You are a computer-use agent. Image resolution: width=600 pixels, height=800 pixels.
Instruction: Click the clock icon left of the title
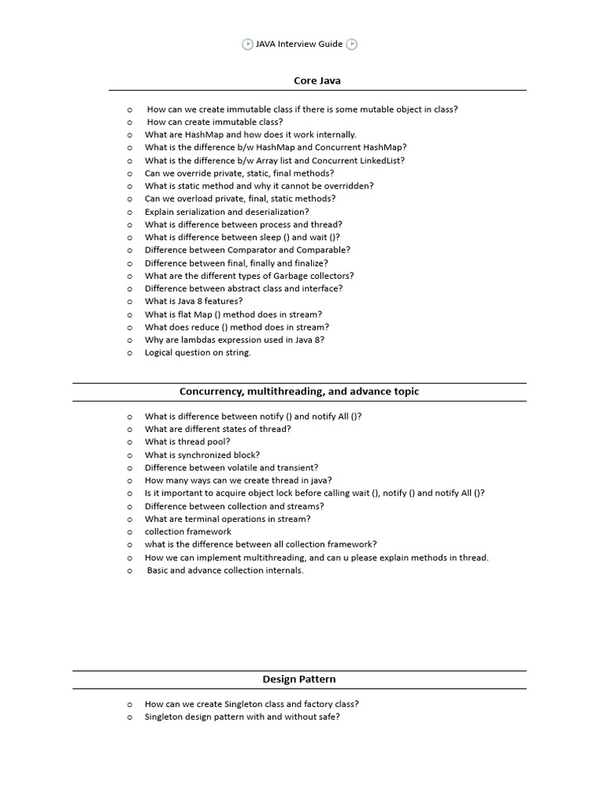[x=248, y=45]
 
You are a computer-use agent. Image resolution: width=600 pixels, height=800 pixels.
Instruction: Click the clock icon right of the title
[x=352, y=45]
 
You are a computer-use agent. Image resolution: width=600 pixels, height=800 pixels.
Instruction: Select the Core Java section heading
[x=317, y=80]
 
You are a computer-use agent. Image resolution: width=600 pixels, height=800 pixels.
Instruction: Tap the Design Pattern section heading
[x=299, y=679]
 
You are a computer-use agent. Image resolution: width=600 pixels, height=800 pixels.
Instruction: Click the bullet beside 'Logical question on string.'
[x=130, y=353]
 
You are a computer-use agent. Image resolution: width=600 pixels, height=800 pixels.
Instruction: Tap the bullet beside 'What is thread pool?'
[x=130, y=442]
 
